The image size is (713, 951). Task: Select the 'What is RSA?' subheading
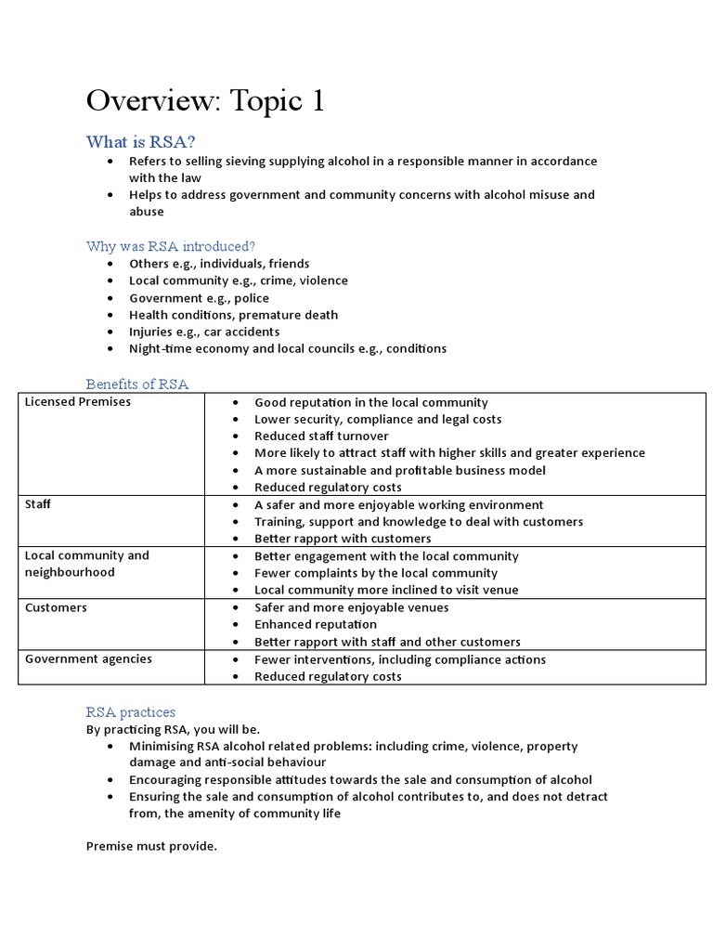point(140,141)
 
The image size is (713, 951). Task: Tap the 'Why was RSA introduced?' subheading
point(171,246)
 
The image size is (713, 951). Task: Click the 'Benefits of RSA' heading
point(136,384)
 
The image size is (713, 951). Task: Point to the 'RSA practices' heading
point(130,712)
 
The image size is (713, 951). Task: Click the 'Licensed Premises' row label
point(78,402)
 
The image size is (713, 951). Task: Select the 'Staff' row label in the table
point(38,504)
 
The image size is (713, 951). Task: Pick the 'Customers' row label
point(56,607)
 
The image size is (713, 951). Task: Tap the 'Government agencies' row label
point(88,659)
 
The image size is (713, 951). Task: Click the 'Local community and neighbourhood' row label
point(86,564)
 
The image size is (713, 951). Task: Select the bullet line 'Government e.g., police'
point(199,298)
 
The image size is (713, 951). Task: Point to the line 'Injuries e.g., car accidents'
point(203,332)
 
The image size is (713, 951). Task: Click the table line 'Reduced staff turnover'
point(321,436)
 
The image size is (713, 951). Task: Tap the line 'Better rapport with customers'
point(343,539)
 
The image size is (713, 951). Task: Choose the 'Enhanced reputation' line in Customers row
point(316,625)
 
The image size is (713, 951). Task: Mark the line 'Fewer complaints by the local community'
point(376,573)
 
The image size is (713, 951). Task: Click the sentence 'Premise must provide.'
point(151,846)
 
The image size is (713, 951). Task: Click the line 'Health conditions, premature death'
point(233,315)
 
